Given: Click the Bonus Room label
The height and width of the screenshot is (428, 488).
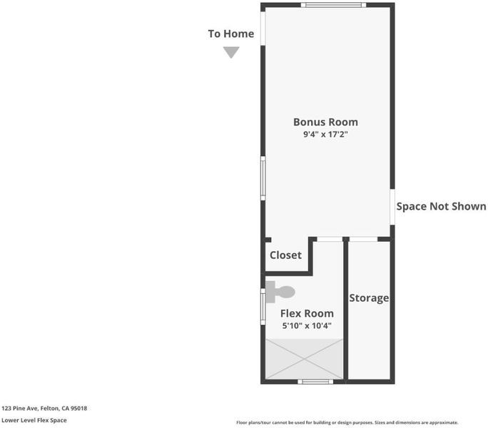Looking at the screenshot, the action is click(x=325, y=122).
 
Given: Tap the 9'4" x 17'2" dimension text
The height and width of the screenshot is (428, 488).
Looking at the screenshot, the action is click(x=325, y=135).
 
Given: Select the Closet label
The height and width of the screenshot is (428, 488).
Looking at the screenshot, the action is click(x=285, y=255).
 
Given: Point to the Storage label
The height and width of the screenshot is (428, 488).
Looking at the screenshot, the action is click(x=369, y=298).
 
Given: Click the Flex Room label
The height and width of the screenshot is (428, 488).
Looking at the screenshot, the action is click(x=307, y=313).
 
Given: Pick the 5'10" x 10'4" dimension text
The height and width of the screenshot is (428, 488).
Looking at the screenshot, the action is click(x=307, y=326).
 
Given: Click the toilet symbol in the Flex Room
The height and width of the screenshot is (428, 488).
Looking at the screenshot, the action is click(x=280, y=292).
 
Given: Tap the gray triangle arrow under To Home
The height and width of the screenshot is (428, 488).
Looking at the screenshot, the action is click(x=231, y=52).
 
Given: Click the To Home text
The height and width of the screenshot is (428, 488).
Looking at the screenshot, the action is click(x=231, y=34).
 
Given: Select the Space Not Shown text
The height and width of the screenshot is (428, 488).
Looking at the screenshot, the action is click(x=441, y=206).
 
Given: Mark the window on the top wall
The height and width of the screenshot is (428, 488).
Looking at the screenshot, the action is click(x=333, y=5).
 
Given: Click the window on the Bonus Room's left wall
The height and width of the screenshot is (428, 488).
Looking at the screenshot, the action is click(x=263, y=178).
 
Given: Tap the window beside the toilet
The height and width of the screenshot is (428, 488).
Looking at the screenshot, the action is click(x=263, y=307).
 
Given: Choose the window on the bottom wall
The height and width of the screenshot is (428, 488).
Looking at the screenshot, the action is click(x=315, y=382).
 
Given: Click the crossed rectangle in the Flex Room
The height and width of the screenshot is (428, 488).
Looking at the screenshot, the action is click(x=304, y=359).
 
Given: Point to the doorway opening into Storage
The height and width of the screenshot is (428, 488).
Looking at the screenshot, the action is click(x=363, y=239).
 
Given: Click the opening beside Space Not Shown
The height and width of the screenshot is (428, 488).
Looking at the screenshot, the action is click(x=392, y=207).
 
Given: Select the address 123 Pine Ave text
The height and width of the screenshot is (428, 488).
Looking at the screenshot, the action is click(x=44, y=408).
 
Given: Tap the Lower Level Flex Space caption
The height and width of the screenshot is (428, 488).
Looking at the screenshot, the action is click(x=34, y=420).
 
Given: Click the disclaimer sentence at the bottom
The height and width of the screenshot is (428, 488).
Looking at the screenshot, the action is click(x=347, y=422).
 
